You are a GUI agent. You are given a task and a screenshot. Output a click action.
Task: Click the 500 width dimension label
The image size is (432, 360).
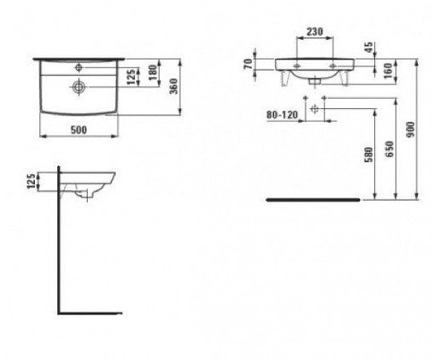79,130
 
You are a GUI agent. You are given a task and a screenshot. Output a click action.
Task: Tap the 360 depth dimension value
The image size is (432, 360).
174,86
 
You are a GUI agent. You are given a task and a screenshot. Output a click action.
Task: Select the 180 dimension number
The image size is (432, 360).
153,72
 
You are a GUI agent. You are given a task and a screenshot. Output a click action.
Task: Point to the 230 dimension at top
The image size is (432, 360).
315,32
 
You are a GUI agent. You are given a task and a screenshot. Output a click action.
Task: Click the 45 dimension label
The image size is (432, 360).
368,48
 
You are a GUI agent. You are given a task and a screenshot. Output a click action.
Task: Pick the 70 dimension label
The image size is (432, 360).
248,64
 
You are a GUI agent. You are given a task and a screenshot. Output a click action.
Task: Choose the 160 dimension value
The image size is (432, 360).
388,71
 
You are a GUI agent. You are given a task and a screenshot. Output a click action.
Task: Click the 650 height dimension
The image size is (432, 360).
390,149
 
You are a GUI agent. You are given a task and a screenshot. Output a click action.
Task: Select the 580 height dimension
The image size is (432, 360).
369,154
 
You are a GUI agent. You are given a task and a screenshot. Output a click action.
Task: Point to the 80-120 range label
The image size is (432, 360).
282,115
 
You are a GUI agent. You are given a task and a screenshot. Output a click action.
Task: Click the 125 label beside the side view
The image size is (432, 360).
32,181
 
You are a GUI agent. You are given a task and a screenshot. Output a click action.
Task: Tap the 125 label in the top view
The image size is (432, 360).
131,77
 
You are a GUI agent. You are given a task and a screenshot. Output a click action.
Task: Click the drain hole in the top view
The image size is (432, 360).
78,87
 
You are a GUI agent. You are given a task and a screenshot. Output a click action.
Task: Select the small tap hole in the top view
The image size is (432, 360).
78,67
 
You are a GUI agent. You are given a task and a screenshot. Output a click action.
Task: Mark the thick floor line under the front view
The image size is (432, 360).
313,200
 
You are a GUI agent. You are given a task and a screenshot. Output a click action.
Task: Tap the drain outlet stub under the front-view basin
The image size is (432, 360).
315,81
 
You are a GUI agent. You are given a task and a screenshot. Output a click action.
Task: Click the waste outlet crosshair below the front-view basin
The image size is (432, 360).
315,109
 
